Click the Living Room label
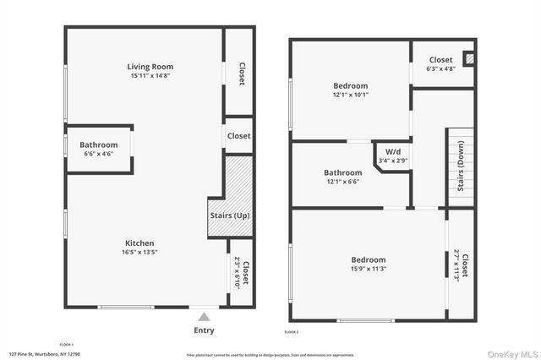[150, 67]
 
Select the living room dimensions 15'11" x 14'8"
[150, 76]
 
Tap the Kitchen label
[139, 243]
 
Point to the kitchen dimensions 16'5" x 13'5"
[139, 252]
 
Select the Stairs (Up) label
[230, 215]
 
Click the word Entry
[204, 330]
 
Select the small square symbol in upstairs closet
[471, 60]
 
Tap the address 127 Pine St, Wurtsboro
[44, 353]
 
